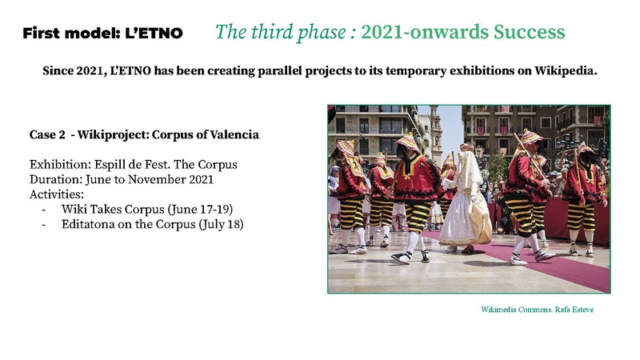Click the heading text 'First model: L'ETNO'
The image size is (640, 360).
[103, 34]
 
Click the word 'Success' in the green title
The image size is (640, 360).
[529, 32]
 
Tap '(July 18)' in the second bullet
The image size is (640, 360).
[216, 224]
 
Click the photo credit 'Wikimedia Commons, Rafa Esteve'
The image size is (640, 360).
[538, 309]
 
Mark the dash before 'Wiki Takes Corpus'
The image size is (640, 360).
[42, 210]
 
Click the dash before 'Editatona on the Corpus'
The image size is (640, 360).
[42, 224]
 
